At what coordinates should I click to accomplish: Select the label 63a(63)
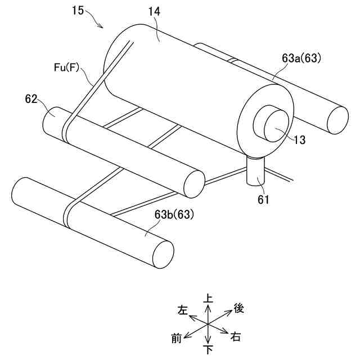(x=301, y=58)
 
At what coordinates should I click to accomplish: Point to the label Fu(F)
(x=65, y=67)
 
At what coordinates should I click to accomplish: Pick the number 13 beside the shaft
(x=300, y=140)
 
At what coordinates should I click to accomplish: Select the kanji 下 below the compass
(x=209, y=350)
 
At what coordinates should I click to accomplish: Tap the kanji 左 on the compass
(x=182, y=309)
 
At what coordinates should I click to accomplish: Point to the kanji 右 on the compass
(x=236, y=337)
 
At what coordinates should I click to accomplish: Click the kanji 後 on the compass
(x=238, y=308)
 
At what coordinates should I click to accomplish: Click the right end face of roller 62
(x=195, y=183)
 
